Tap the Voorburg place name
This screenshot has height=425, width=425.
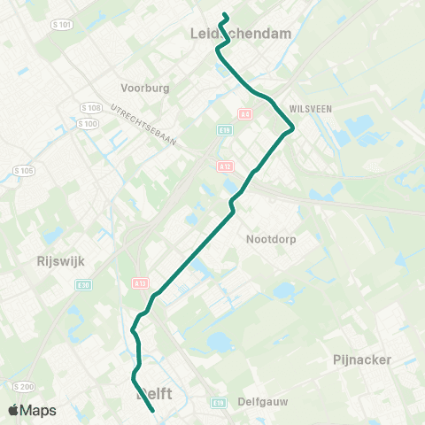[x=144, y=89]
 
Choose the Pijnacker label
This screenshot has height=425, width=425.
[x=362, y=359]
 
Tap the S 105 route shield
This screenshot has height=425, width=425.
[x=23, y=169]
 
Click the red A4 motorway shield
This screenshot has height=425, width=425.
[x=245, y=114]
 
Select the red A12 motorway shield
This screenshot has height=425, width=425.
[x=226, y=166]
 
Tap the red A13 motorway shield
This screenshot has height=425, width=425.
[x=140, y=283]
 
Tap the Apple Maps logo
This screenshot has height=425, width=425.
[x=32, y=411]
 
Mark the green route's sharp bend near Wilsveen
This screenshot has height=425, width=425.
[x=292, y=129]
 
